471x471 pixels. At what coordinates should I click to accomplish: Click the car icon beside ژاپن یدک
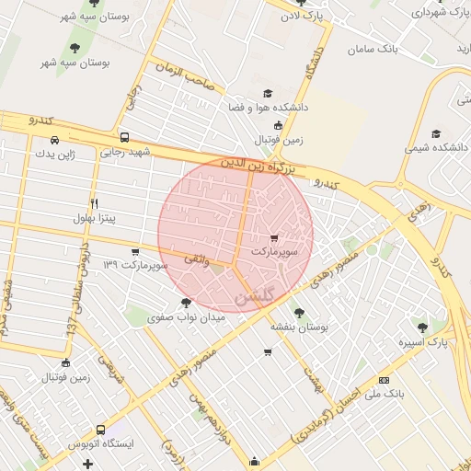(x=55, y=140)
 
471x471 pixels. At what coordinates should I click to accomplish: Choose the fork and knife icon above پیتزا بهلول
(x=94, y=203)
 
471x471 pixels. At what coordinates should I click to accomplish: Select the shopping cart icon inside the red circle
(x=274, y=238)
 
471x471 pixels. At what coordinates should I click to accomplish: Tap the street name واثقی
(x=197, y=261)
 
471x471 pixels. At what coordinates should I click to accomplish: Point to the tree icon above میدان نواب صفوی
(x=187, y=302)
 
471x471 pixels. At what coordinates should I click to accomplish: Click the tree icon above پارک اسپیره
(x=422, y=327)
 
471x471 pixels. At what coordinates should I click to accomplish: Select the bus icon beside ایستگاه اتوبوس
(x=99, y=429)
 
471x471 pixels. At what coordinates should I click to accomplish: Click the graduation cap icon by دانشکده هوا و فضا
(x=268, y=93)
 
